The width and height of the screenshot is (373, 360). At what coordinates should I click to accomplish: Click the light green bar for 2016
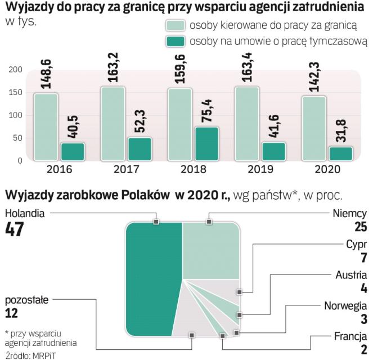click(45, 127)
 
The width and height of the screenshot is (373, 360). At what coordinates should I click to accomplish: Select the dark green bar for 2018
click(208, 145)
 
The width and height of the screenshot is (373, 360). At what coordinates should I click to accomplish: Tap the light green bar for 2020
click(314, 129)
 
